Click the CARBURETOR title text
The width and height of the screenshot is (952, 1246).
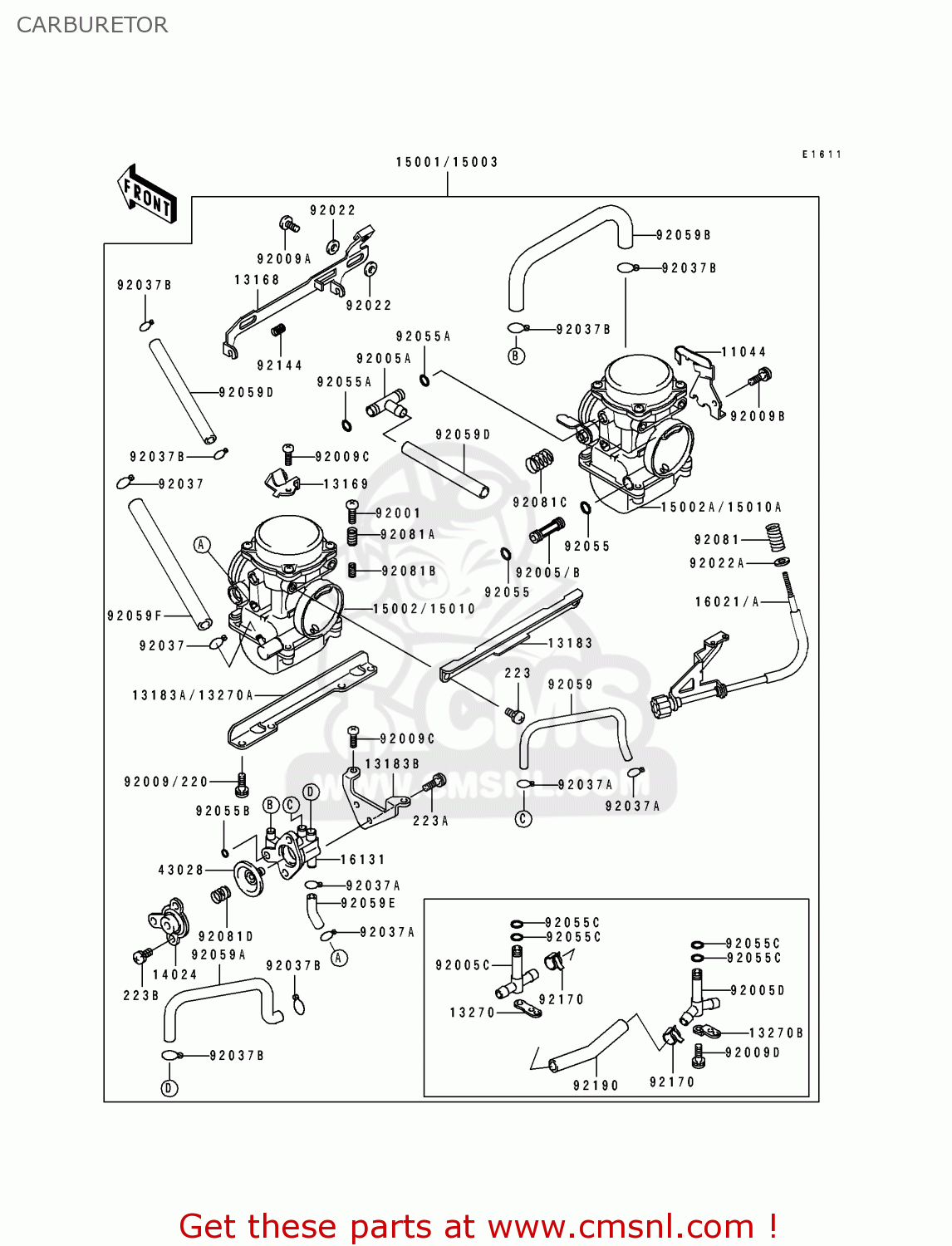92,25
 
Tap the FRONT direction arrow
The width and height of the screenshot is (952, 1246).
147,194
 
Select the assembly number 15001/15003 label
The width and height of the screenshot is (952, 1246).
447,162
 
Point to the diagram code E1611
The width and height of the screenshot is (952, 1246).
822,155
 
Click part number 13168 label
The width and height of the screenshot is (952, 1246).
257,280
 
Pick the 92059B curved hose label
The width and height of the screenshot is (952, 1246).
684,235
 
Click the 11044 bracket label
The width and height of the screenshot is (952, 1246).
743,352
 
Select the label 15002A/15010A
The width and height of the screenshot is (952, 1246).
721,507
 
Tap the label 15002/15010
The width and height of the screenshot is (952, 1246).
424,609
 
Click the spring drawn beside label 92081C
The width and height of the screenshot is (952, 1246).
540,461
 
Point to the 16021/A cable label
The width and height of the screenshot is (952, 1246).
727,601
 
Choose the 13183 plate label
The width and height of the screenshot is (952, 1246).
570,643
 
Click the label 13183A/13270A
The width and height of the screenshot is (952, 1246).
193,695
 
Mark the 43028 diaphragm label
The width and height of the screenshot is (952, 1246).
181,870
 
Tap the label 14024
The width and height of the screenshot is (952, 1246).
175,974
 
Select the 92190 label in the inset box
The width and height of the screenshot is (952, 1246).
596,1085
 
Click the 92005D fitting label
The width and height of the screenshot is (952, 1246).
758,990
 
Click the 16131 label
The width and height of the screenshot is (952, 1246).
363,860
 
